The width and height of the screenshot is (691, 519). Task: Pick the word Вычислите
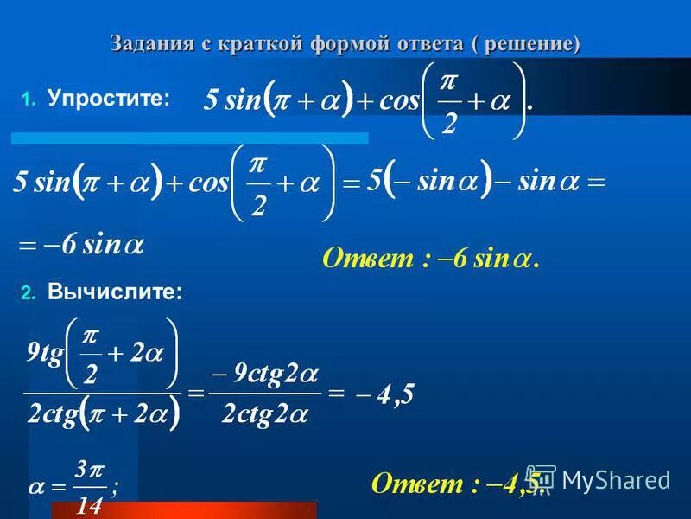point(115,293)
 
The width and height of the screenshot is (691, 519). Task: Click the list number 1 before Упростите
point(28,100)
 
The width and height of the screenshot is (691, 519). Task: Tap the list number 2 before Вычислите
point(28,294)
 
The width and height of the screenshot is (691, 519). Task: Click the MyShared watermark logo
point(599,479)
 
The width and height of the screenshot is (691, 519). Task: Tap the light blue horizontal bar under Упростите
point(189,138)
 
